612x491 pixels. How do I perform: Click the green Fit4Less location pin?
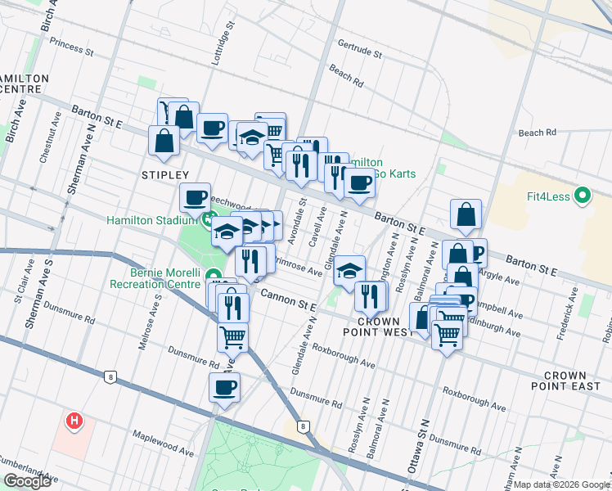pos(582,196)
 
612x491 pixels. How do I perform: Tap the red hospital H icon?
pos(74,421)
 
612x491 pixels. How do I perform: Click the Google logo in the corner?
pos(27,481)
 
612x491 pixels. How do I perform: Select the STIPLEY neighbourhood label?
pos(164,175)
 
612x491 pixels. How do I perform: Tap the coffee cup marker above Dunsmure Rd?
pos(224,389)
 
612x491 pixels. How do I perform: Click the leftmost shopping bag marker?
pos(164,140)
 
